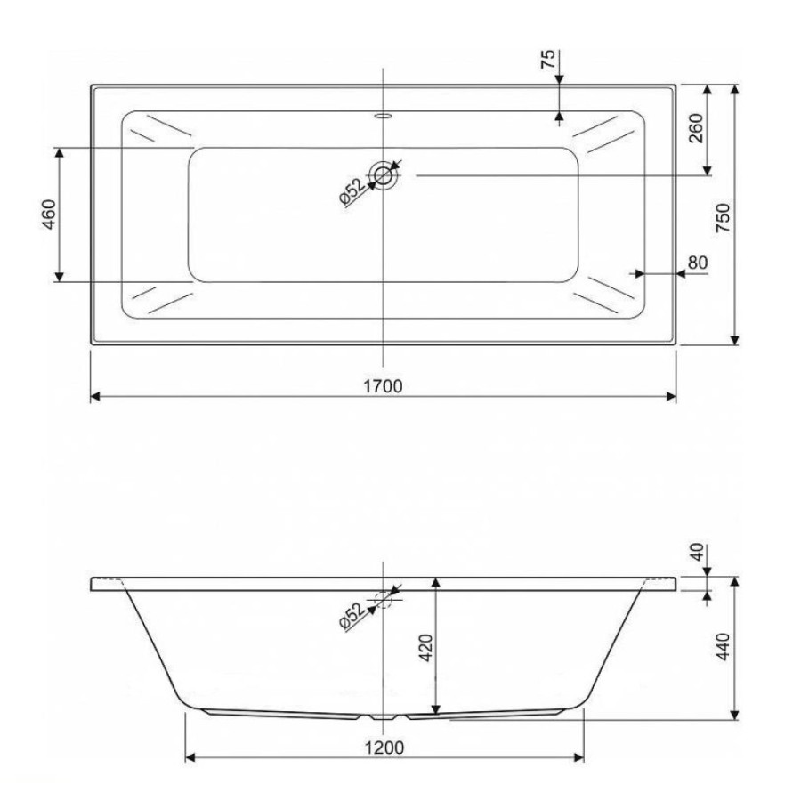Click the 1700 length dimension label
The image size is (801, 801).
(383, 386)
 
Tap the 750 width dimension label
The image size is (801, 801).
(723, 218)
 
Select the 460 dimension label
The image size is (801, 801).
(48, 214)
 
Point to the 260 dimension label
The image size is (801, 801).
(696, 128)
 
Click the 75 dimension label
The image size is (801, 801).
(547, 60)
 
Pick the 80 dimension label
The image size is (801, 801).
(698, 263)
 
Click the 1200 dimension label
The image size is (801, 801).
(384, 748)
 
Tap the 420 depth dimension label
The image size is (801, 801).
(426, 648)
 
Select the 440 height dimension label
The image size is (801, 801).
(724, 647)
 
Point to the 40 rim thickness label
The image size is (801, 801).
(697, 552)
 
